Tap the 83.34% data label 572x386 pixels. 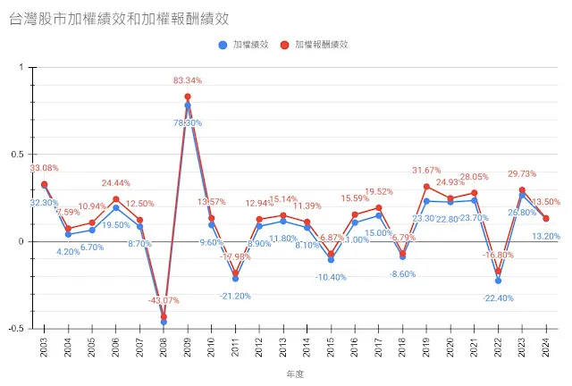[x=187, y=80]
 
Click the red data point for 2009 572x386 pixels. [x=188, y=96]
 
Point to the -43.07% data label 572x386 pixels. [x=164, y=300]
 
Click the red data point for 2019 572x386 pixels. [x=426, y=187]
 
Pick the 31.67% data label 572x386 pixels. [x=427, y=171]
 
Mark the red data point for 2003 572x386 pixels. [x=44, y=184]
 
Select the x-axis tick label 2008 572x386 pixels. [x=164, y=344]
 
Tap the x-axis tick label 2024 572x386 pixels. [x=546, y=344]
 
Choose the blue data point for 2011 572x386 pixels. [x=235, y=279]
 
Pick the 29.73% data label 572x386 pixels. [x=523, y=174]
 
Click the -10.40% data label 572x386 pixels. [x=330, y=277]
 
